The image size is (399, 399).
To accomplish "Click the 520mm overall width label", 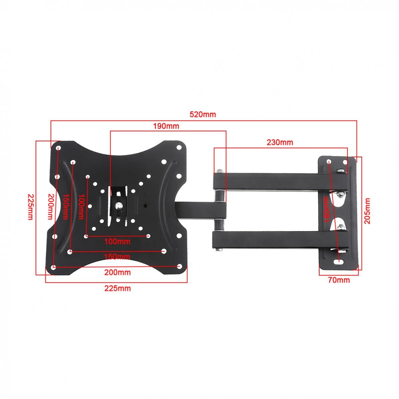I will pos(203,115).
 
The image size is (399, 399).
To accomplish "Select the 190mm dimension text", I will pos(166,126).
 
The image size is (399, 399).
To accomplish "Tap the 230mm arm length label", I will pos(280,142).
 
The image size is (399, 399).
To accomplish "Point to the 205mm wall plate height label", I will pos(367,211).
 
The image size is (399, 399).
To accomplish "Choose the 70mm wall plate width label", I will pos(339,280).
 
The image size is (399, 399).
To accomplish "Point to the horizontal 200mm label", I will pos(117,272).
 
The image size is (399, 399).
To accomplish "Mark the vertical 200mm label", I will pos(50,207).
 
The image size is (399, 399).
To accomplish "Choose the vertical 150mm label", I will pos(65,207).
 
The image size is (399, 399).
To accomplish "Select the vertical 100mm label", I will pos(80,207).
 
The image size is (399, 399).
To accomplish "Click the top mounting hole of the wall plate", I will pos(329,162).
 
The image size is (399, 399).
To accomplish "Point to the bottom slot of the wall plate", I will pos(339,262).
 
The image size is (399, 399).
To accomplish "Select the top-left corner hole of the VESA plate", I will pos(58,148).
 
